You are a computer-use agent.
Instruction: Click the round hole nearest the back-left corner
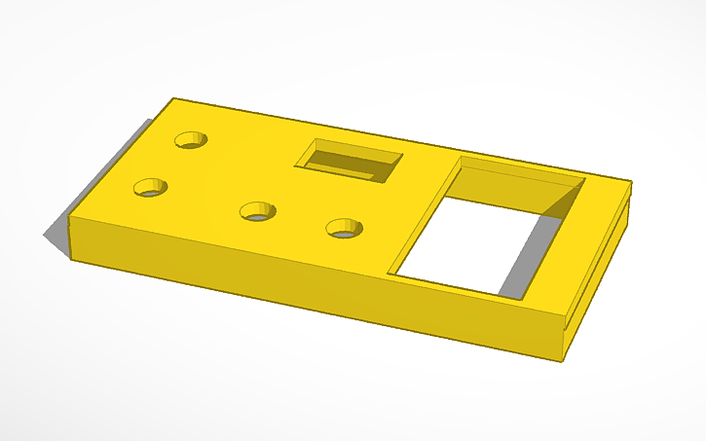[x=192, y=139]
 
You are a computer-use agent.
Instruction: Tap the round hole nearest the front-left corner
[x=150, y=187]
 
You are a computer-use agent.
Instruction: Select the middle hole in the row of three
[x=257, y=210]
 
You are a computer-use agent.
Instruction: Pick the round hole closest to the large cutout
[x=343, y=228]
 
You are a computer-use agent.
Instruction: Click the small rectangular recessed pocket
[x=349, y=160]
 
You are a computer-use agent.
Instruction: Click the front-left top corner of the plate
[x=70, y=216]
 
